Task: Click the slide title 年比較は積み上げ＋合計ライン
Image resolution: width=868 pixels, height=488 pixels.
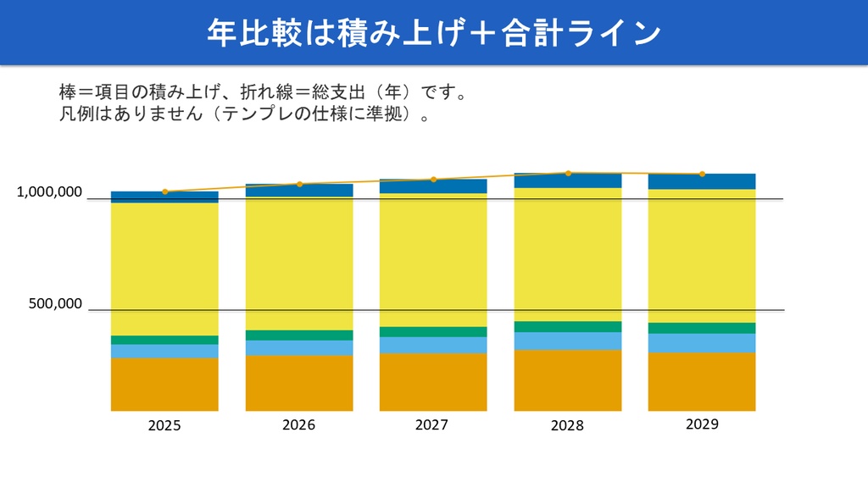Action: (433, 33)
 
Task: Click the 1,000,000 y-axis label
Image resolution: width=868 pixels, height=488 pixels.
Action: (50, 192)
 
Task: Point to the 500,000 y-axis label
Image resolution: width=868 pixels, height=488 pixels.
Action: (56, 303)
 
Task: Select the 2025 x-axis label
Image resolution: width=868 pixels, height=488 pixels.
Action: (164, 425)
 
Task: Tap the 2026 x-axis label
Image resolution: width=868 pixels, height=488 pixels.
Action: (298, 424)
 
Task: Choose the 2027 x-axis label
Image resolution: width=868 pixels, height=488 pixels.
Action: (431, 424)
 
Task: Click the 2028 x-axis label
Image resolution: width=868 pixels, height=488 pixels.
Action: (567, 425)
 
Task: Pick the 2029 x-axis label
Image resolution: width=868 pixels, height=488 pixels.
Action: (702, 424)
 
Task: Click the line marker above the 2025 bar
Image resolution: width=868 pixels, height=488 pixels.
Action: (165, 191)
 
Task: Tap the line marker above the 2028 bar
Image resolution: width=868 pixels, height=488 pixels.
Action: (568, 173)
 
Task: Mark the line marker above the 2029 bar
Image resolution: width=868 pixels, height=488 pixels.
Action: (702, 174)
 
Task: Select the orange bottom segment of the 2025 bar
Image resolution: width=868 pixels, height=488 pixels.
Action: (164, 384)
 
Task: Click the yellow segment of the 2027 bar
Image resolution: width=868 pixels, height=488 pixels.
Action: (433, 259)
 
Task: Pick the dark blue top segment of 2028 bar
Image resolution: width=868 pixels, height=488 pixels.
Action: (568, 180)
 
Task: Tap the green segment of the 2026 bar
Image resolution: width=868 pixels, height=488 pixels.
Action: (299, 335)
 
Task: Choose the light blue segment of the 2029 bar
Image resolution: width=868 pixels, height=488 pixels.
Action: (702, 342)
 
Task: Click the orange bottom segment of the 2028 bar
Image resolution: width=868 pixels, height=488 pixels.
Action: (568, 380)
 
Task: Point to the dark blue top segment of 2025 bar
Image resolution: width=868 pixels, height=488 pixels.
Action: (164, 197)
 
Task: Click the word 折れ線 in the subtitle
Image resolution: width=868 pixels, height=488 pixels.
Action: (255, 91)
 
